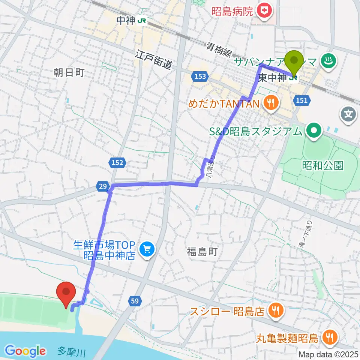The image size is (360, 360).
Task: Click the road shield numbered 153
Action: click(200, 77)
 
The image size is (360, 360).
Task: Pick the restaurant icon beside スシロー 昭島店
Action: click(276, 310)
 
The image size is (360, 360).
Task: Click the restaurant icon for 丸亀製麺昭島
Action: click(330, 338)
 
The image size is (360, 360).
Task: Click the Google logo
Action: click(25, 351)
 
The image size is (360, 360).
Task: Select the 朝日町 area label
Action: click(69, 72)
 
